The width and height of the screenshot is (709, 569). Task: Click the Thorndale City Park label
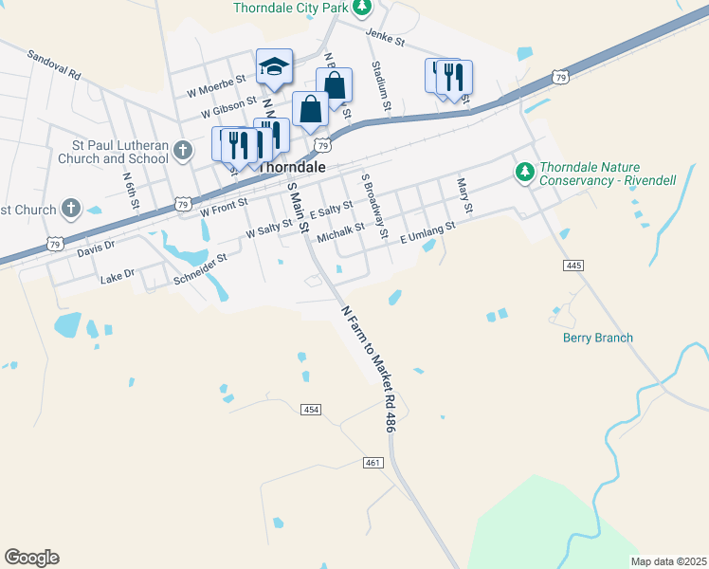pyautogui.click(x=291, y=8)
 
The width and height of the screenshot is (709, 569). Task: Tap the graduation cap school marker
pyautogui.click(x=274, y=67)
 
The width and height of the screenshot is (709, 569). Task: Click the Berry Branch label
pyautogui.click(x=597, y=338)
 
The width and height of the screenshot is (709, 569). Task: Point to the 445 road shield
pyautogui.click(x=572, y=266)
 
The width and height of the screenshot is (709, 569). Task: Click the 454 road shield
pyautogui.click(x=311, y=410)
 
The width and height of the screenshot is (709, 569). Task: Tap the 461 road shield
pyautogui.click(x=373, y=462)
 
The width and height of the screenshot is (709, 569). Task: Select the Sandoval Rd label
pyautogui.click(x=54, y=64)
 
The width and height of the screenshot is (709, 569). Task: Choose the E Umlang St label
pyautogui.click(x=427, y=232)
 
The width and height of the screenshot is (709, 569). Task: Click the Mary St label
pyautogui.click(x=464, y=194)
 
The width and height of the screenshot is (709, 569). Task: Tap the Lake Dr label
pyautogui.click(x=118, y=277)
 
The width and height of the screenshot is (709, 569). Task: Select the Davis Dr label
pyautogui.click(x=96, y=248)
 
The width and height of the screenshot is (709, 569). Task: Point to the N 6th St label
pyautogui.click(x=131, y=190)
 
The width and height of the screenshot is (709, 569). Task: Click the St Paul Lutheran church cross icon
pyautogui.click(x=189, y=150)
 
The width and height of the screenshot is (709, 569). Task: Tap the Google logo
pyautogui.click(x=31, y=558)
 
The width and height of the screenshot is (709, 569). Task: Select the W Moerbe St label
pyautogui.click(x=216, y=85)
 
